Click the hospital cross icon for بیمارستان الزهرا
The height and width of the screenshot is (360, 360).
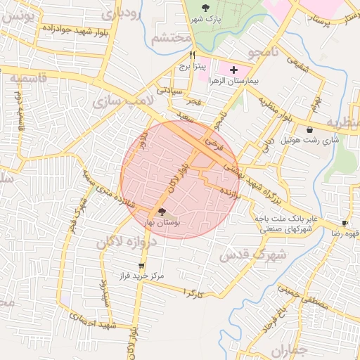pyautogui.click(x=233, y=70)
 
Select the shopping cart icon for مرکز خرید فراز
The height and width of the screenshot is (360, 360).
pyautogui.click(x=142, y=266)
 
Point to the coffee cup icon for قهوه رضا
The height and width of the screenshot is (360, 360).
pyautogui.click(x=345, y=223)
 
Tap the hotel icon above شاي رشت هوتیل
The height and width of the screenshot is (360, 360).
pyautogui.click(x=310, y=129)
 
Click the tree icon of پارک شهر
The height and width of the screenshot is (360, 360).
pyautogui.click(x=205, y=7)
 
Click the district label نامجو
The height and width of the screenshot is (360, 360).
pyautogui.click(x=256, y=52)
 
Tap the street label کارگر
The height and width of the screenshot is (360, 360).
pyautogui.click(x=193, y=291)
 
